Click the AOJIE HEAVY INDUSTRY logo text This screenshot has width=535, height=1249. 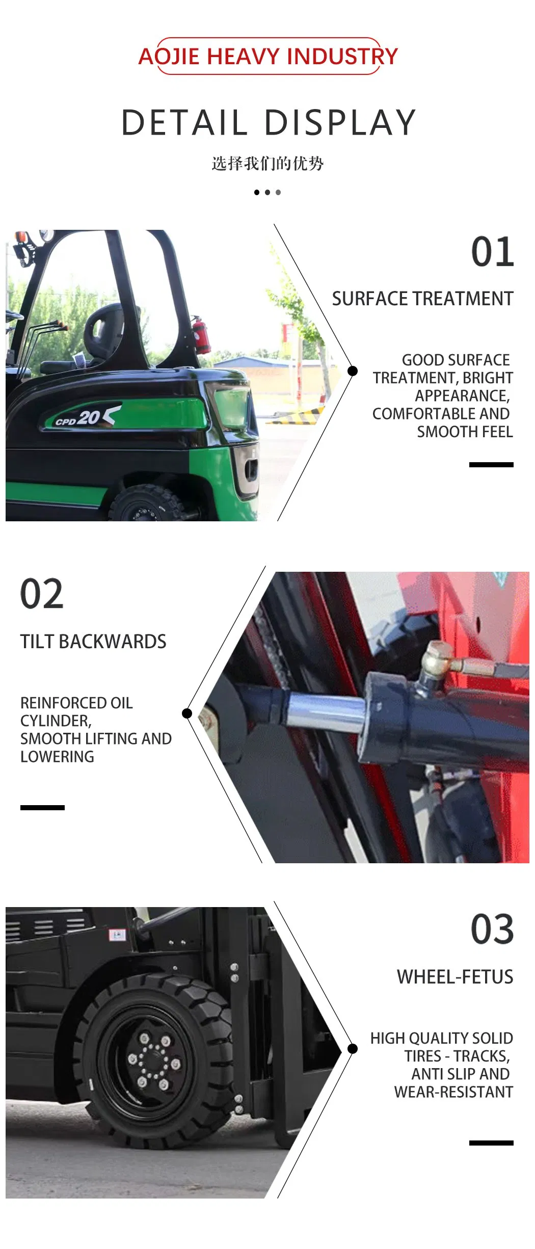tap(268, 56)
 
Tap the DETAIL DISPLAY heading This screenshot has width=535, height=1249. tap(269, 123)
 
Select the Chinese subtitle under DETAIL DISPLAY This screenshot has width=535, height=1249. tap(267, 164)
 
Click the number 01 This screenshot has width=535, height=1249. tap(492, 252)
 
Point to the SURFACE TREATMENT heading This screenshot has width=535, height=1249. tap(422, 299)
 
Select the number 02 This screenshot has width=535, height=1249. tap(42, 594)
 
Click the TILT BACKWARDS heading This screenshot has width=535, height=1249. tap(93, 642)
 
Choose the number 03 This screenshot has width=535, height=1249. tap(492, 929)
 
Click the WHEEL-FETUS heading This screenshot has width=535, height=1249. tap(455, 977)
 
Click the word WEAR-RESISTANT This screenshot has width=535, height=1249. tap(453, 1092)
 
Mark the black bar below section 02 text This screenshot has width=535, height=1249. tap(42, 807)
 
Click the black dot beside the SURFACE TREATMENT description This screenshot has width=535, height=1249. tap(352, 371)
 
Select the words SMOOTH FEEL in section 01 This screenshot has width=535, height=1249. tap(465, 432)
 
